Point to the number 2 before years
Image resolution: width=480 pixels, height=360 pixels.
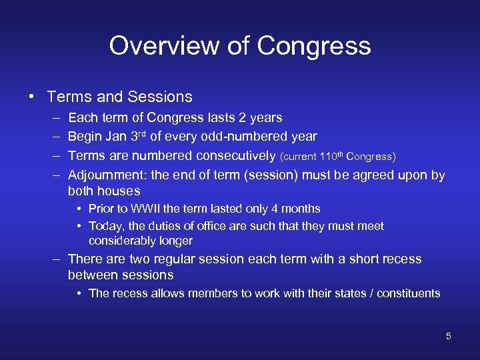[243, 118]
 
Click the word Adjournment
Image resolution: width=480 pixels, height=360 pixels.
[107, 175]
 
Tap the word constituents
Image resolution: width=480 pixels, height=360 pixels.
[408, 293]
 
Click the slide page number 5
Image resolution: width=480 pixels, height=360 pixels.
[449, 336]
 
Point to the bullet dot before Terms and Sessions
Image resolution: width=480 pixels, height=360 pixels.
[32, 97]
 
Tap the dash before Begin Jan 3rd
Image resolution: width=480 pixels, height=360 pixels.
[54, 137]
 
